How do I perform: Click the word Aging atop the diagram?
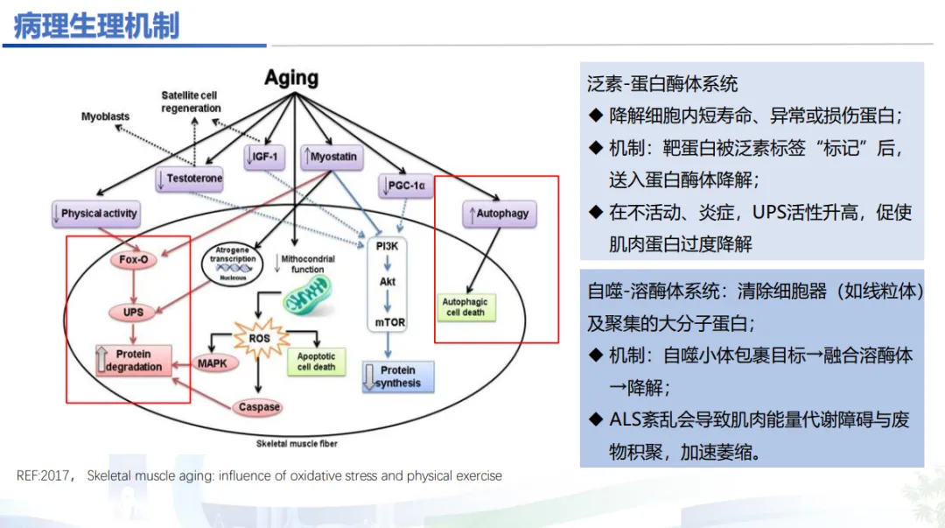[x=291, y=78]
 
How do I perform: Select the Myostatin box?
[x=329, y=157]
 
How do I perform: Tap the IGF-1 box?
[x=263, y=157]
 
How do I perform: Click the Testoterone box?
[x=190, y=179]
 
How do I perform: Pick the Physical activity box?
[x=95, y=213]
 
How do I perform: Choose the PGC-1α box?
[x=407, y=186]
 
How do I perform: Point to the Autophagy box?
[x=499, y=213]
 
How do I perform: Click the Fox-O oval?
[x=132, y=260]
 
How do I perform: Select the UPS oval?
[x=132, y=312]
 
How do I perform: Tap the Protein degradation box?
[x=133, y=361]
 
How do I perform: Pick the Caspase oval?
[x=259, y=407]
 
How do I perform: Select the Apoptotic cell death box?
[x=316, y=361]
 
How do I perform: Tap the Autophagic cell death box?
[x=465, y=306]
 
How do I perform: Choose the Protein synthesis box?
[x=397, y=377]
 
